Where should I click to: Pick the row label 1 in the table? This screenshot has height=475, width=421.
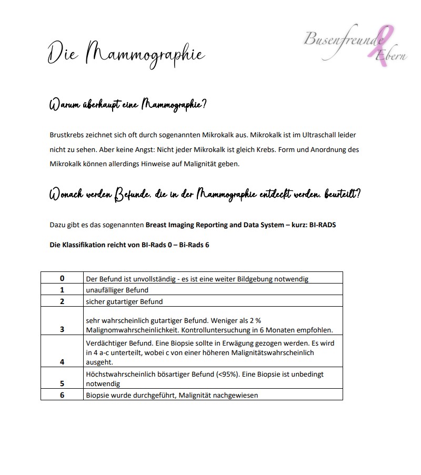(62, 290)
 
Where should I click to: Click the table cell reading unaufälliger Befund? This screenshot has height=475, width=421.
(117, 290)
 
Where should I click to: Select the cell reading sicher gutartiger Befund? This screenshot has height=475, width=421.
(124, 302)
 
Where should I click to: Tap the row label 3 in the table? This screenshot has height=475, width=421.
(62, 330)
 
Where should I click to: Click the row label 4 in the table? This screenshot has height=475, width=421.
(62, 362)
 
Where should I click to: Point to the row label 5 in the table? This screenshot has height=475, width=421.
(62, 384)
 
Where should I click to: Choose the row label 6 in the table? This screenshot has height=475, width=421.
(62, 395)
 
